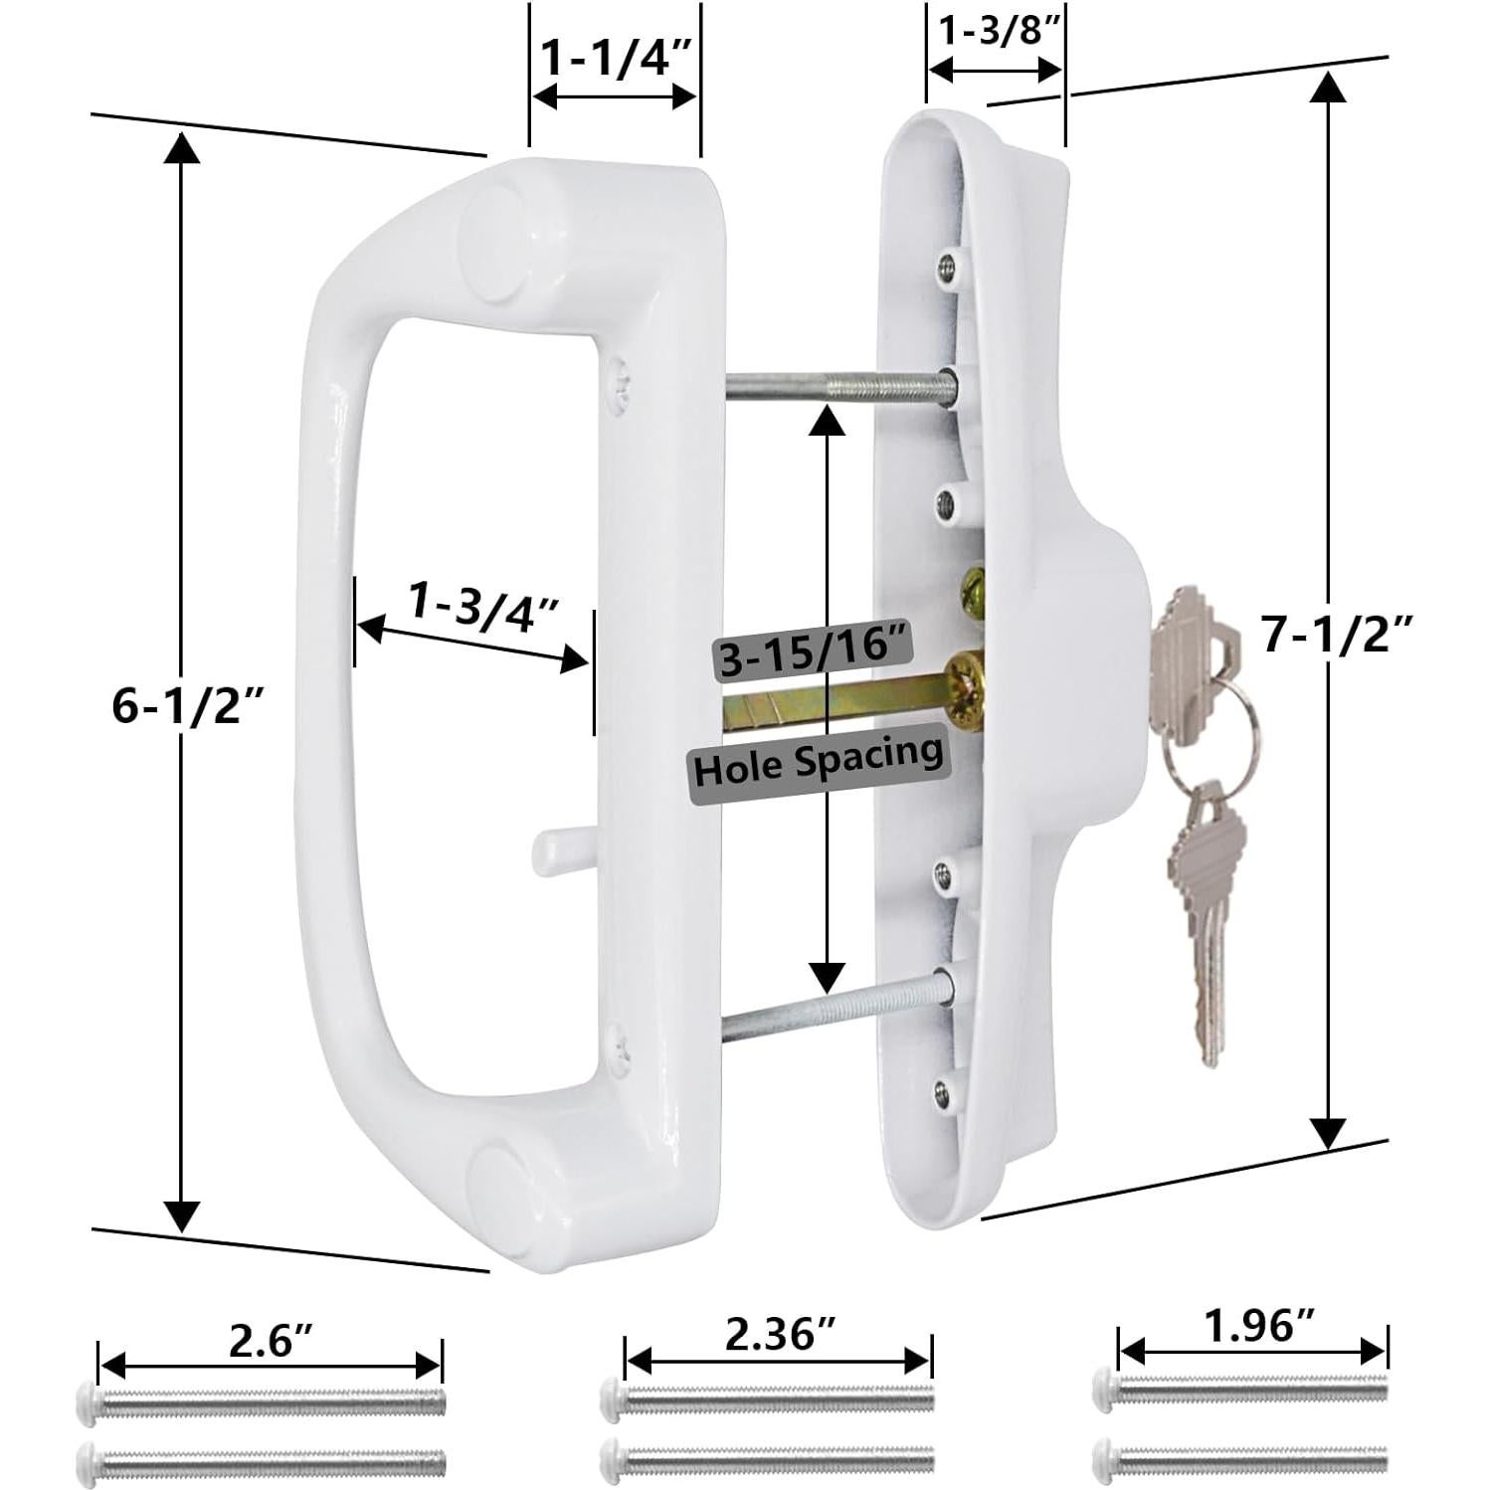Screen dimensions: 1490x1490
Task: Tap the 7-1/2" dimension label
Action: coord(1337,633)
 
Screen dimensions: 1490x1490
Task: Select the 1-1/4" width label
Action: coord(615,59)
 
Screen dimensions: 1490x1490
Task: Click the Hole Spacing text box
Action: coord(818,766)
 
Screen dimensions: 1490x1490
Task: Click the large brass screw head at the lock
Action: coord(965,686)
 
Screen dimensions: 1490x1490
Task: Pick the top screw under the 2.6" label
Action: coord(261,1402)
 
